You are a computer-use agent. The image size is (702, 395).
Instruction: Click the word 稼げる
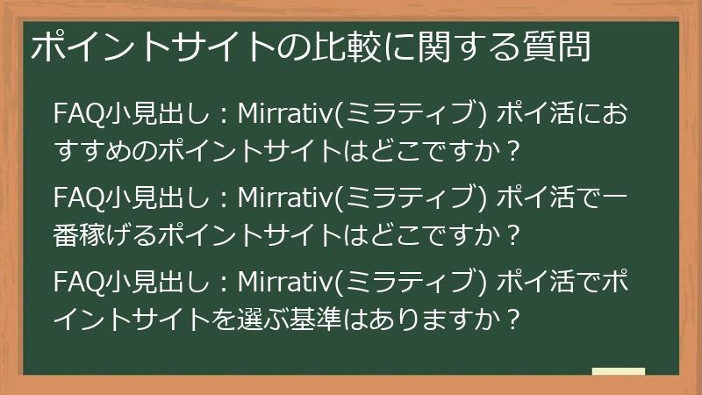point(115,235)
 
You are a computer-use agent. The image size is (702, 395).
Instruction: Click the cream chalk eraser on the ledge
point(618,371)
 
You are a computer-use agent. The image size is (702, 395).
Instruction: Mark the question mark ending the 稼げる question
point(514,235)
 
